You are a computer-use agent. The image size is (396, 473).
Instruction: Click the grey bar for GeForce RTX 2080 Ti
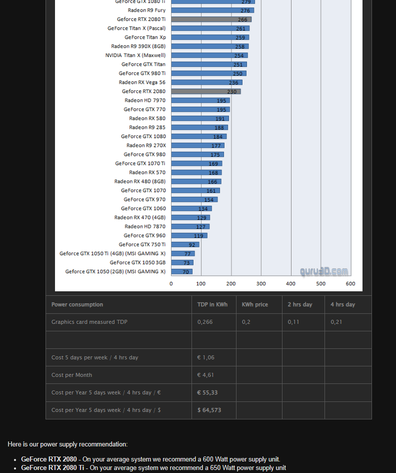[x=210, y=20]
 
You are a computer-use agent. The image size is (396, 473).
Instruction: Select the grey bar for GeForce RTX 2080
[x=205, y=92]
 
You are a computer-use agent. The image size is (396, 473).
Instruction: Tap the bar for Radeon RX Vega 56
[x=206, y=83]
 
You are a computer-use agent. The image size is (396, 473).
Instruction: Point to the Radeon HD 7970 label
[x=145, y=101]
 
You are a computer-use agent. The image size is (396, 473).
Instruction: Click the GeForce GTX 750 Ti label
[x=142, y=245]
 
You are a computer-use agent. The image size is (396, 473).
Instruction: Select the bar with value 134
[x=191, y=209]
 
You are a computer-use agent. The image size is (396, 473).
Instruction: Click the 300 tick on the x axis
[x=261, y=284]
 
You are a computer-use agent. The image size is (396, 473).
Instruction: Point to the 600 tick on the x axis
[x=350, y=284]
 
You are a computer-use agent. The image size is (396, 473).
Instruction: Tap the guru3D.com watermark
[x=324, y=272]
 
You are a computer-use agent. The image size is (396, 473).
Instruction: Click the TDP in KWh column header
[x=212, y=304]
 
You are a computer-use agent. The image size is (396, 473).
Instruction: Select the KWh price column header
[x=255, y=304]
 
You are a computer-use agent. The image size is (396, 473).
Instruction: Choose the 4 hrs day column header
[x=343, y=304]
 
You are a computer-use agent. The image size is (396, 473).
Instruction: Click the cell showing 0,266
[x=205, y=322]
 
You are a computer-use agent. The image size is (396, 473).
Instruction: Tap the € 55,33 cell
[x=207, y=392]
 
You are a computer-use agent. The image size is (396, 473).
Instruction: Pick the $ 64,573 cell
[x=209, y=410]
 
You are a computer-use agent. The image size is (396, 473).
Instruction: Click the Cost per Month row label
[x=72, y=375]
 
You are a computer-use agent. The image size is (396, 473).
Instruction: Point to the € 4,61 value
[x=205, y=375]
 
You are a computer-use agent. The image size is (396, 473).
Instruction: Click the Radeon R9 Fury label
[x=146, y=11]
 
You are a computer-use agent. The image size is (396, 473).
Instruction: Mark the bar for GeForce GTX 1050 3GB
[x=182, y=263]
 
